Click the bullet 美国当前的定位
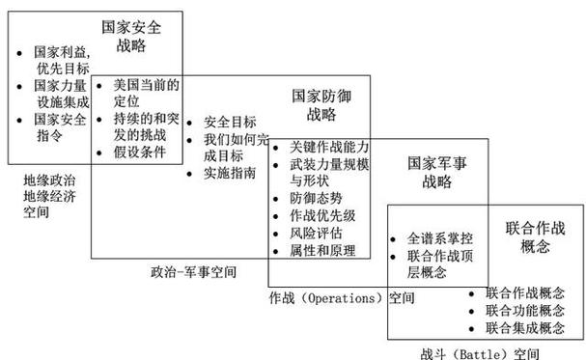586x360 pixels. coord(146,92)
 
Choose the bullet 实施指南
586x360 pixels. coord(229,174)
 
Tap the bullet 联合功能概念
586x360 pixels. coord(525,311)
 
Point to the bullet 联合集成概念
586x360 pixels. coord(525,328)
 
